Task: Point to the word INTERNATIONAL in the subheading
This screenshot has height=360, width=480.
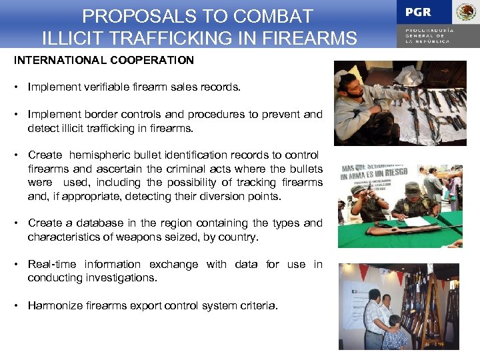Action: [54, 60]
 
